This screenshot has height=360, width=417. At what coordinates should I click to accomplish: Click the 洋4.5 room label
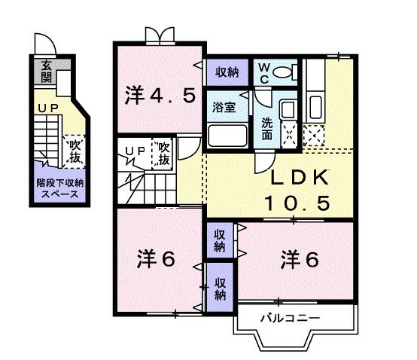160,95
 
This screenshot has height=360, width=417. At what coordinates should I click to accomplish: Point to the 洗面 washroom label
268,129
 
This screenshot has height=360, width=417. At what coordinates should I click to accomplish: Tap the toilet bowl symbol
285,73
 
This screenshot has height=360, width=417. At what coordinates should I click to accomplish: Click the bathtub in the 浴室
228,137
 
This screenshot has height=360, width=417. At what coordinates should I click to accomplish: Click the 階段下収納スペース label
59,188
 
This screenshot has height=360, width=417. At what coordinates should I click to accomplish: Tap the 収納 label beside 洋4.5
227,73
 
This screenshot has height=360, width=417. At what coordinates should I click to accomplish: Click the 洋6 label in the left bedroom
156,258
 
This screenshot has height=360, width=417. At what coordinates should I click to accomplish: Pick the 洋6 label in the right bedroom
300,258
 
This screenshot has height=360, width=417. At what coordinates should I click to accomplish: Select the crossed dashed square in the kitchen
312,136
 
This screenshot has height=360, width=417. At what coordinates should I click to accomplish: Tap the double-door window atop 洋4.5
159,36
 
